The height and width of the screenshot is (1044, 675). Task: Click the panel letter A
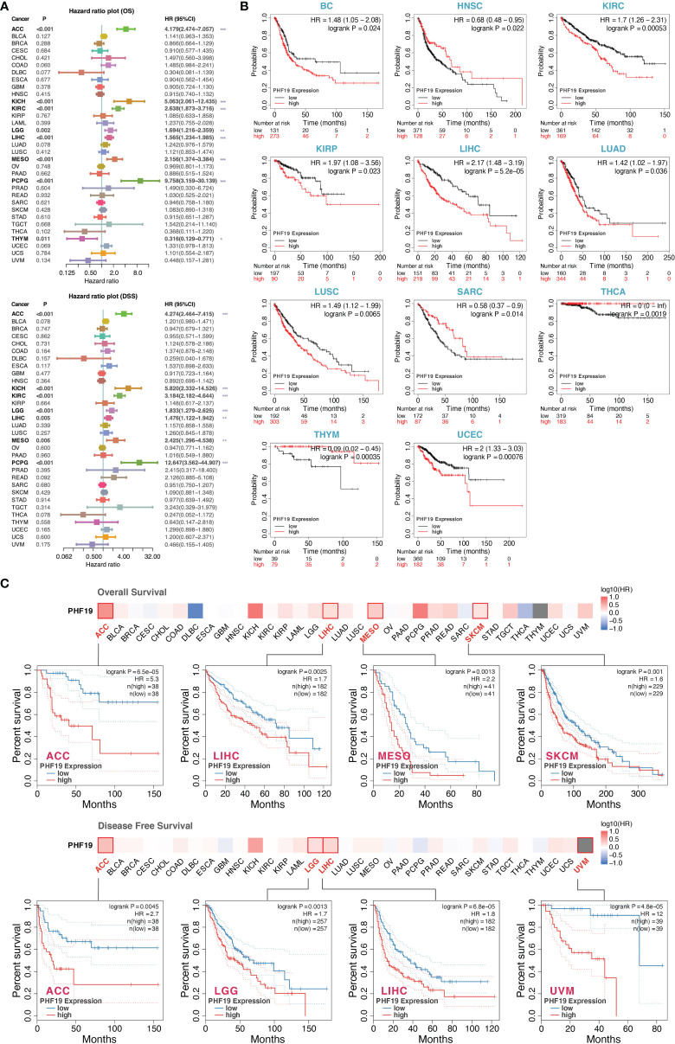click(7, 7)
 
